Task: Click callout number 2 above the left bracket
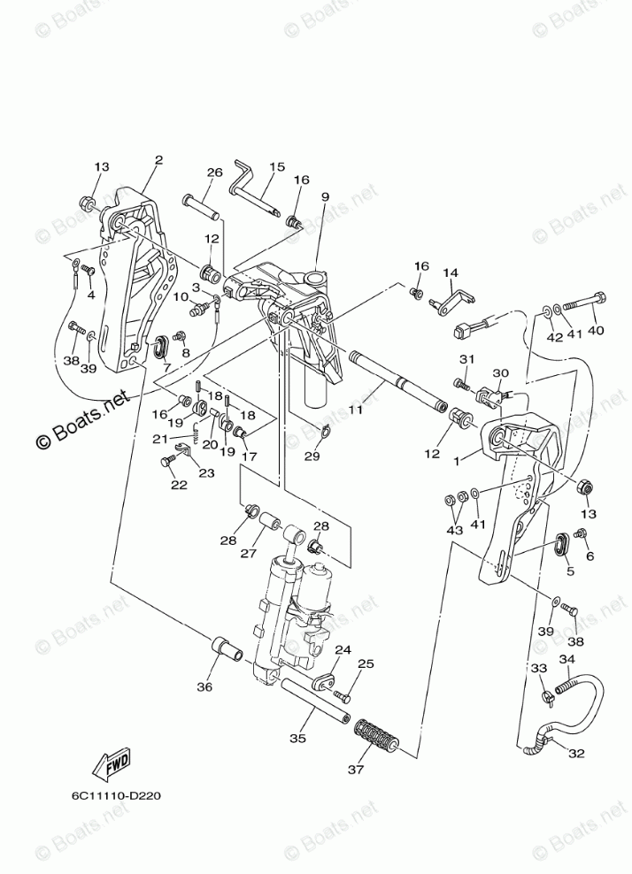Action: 158,161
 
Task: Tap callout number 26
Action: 214,172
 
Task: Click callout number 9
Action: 326,196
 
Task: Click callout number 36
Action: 205,686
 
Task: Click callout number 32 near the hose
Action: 577,755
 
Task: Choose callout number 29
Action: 312,456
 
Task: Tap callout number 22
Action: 179,484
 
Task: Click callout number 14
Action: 450,272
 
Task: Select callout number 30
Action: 501,373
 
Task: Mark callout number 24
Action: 343,650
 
